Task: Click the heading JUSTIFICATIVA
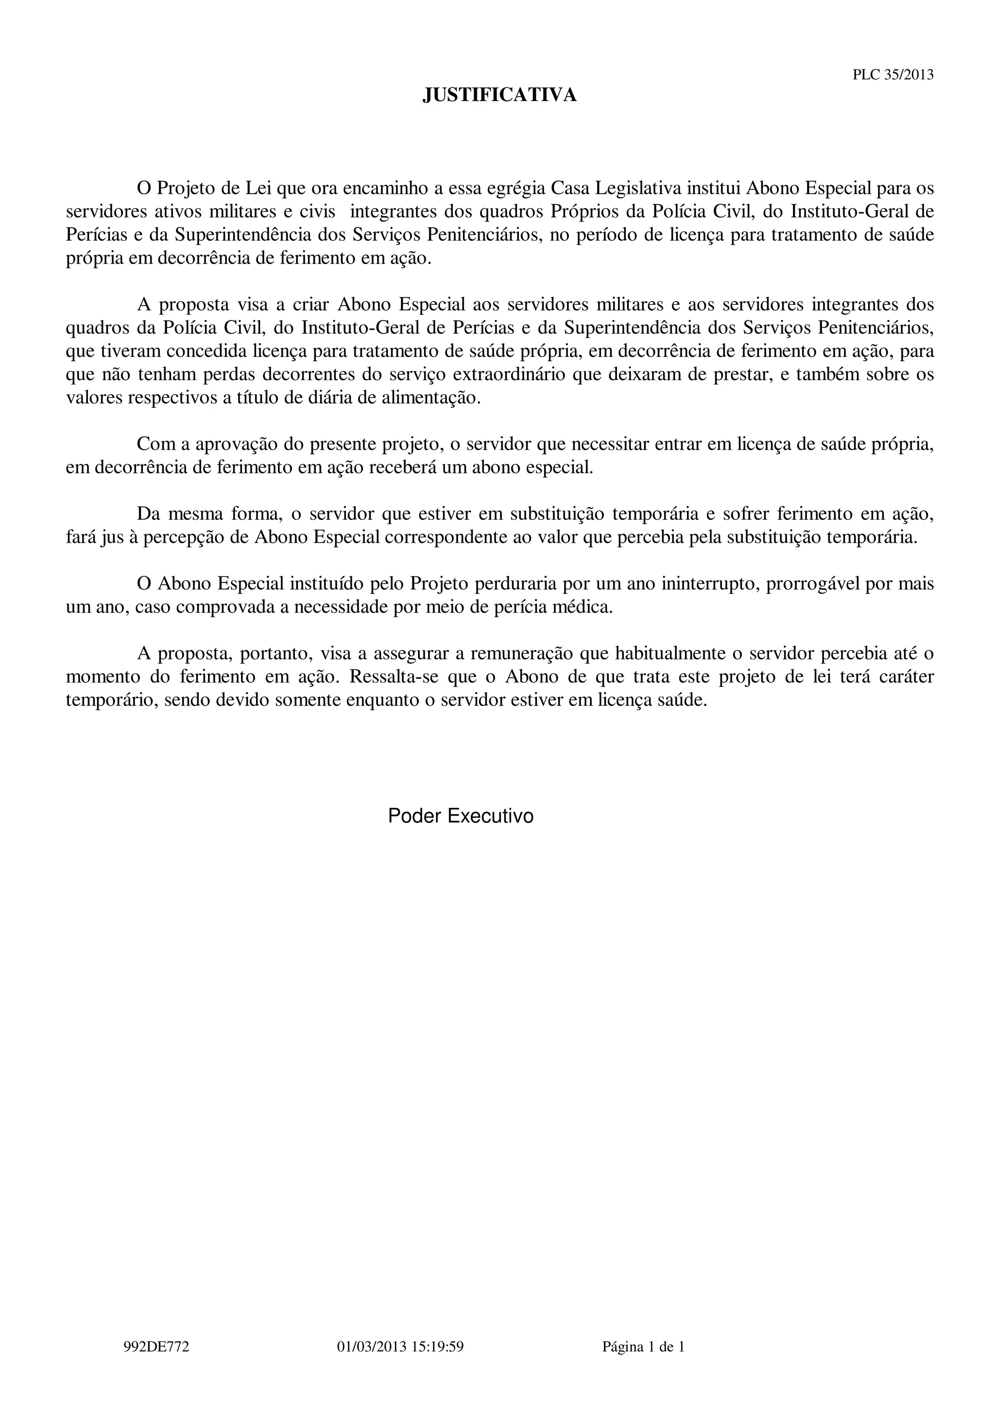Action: (499, 95)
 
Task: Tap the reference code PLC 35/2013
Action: (893, 75)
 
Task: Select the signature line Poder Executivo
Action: (461, 816)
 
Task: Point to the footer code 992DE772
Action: (156, 1346)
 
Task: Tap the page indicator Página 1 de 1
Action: (643, 1346)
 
